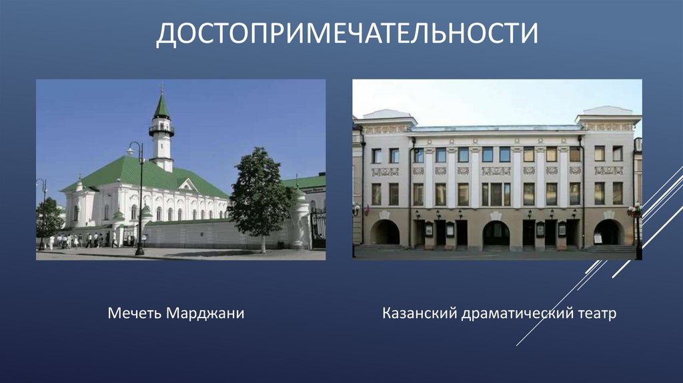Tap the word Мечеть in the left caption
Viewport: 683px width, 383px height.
135,314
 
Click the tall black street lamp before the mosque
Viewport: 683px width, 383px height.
139,200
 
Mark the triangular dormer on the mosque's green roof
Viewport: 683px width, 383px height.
188,185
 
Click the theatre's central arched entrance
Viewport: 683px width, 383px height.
496,233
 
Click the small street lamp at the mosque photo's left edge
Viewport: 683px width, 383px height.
42,214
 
